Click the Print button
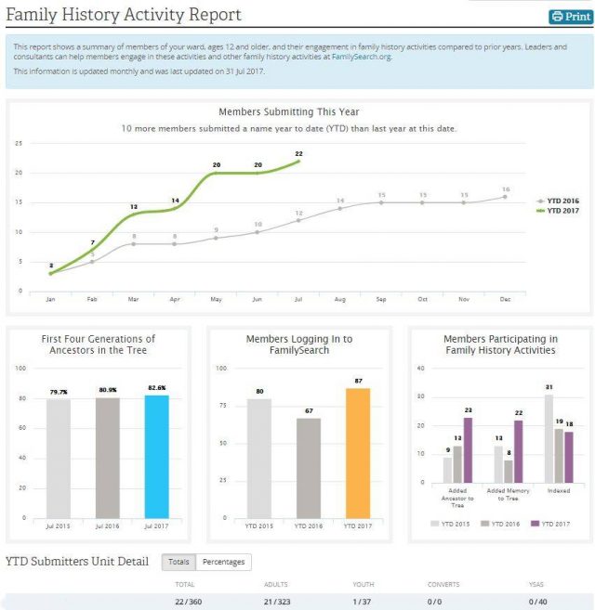[571, 16]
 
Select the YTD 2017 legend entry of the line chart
[562, 211]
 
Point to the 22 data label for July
[298, 154]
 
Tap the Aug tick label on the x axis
[339, 299]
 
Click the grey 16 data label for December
[506, 188]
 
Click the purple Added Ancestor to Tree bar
[468, 451]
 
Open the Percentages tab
[223, 562]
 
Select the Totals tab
[178, 562]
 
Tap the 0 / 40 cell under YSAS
[538, 602]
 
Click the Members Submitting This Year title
[288, 112]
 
